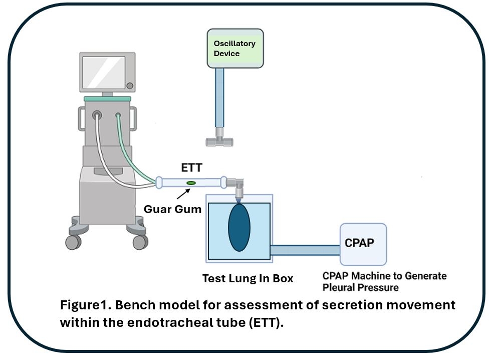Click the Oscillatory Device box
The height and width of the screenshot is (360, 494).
point(235,48)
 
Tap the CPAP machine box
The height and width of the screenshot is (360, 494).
point(363,244)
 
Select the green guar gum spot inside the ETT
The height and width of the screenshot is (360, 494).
point(191,183)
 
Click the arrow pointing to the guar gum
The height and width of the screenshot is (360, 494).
point(183,194)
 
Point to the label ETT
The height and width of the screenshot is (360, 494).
point(191,167)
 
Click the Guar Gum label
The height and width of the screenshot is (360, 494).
point(173,209)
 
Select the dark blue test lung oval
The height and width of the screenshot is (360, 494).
point(239,227)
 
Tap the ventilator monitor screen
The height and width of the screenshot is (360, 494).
point(104,73)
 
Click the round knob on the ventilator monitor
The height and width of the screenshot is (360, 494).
point(129,86)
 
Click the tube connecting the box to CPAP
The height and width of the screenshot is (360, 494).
point(305,250)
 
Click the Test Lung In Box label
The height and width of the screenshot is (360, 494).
point(248,278)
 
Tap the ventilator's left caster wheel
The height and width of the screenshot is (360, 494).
point(74,242)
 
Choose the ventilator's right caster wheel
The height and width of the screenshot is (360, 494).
point(140,242)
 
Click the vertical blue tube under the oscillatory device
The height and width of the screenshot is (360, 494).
point(219,98)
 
